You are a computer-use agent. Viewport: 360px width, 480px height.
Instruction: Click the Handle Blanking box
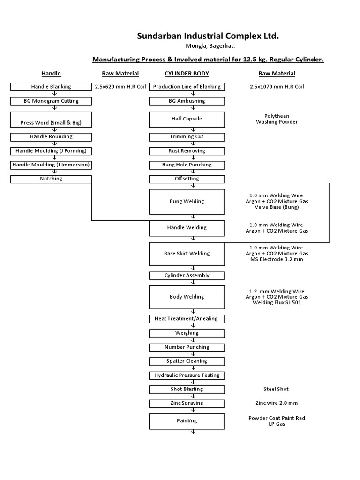pyautogui.click(x=51, y=87)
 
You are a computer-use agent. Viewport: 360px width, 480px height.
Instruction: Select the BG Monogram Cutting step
pyautogui.click(x=51, y=101)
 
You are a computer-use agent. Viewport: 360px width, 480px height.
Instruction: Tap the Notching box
pyautogui.click(x=51, y=179)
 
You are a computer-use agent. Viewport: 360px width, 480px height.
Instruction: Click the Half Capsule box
pyautogui.click(x=187, y=119)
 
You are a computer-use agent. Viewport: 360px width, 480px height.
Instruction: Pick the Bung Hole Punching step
pyautogui.click(x=187, y=165)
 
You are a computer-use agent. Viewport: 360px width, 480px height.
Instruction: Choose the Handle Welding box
pyautogui.click(x=187, y=228)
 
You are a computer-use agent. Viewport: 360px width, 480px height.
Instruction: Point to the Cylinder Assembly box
pyautogui.click(x=187, y=276)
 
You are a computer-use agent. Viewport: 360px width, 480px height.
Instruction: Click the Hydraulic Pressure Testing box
pyautogui.click(x=187, y=375)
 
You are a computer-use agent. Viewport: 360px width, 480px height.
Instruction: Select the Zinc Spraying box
pyautogui.click(x=187, y=403)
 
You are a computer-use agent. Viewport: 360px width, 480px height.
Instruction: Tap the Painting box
pyautogui.click(x=187, y=421)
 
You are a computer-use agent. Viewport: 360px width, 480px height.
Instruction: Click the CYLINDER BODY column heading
pyautogui.click(x=187, y=74)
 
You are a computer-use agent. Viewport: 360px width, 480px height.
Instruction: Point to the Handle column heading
pyautogui.click(x=51, y=74)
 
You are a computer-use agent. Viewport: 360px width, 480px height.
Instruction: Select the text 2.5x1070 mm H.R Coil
pyautogui.click(x=277, y=87)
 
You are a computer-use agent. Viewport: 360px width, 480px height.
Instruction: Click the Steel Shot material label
pyautogui.click(x=276, y=389)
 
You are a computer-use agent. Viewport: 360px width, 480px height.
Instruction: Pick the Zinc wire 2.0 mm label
pyautogui.click(x=276, y=403)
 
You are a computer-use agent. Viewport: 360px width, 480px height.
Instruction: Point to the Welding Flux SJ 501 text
pyautogui.click(x=277, y=303)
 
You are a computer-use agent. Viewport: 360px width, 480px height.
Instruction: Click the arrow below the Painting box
pyautogui.click(x=193, y=432)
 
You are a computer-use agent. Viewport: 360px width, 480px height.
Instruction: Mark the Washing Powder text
pyautogui.click(x=277, y=122)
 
